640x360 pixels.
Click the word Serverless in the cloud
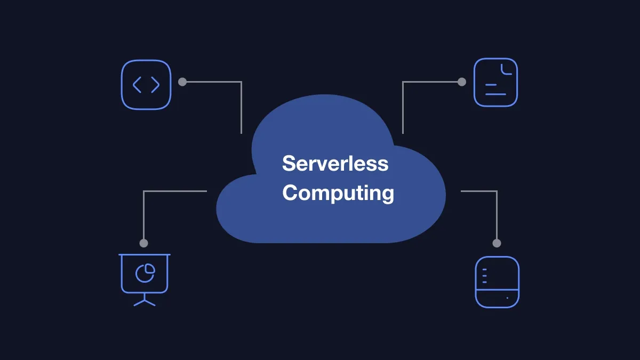pos(335,163)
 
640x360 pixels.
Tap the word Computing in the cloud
pos(338,193)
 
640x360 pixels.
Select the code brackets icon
pos(146,85)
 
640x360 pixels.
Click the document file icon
pos(495,83)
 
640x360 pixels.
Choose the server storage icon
pos(497,282)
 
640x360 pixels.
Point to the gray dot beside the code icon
pos(182,82)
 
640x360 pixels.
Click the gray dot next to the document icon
pos(462,82)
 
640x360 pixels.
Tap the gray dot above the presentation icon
pos(143,243)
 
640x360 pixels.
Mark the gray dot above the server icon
pos(497,243)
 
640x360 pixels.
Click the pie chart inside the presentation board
pos(145,273)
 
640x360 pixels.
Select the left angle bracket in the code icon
pos(137,85)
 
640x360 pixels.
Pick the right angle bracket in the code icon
pos(155,85)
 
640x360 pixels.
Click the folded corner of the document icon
pos(506,68)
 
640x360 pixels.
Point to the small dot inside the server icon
pos(507,298)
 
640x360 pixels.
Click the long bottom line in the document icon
pos(495,94)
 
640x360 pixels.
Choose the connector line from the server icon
pos(497,213)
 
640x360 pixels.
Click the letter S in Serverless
pos(289,163)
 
